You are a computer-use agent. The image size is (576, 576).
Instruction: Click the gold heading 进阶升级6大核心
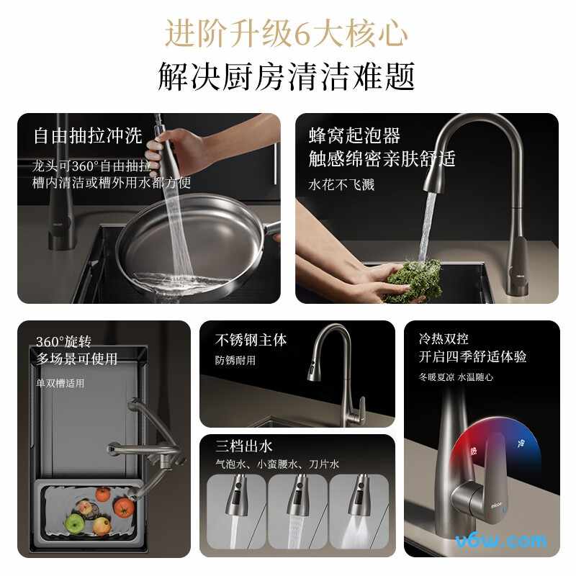point(286,34)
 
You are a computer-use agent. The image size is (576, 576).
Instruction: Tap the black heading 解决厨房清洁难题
point(286,76)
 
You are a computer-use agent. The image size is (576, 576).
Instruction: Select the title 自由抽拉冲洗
point(88,135)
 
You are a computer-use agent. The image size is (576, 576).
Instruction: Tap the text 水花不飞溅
point(341,184)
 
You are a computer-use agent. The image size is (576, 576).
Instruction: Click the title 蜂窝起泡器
point(354,135)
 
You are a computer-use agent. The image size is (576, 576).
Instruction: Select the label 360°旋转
point(63,341)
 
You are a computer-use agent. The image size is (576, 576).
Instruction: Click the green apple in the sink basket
point(75,523)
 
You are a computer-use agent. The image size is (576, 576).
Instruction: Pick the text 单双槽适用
point(60,384)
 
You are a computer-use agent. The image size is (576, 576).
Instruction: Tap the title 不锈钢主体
point(251,340)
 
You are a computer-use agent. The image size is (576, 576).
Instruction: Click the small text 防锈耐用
point(235,360)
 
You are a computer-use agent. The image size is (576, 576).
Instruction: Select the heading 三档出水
point(243,446)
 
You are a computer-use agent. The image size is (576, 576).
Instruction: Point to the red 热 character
point(474,451)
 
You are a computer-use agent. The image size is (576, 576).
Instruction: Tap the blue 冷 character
point(521,443)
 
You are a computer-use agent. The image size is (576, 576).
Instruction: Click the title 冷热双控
point(444,338)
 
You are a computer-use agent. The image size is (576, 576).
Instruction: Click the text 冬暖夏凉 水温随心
point(456,377)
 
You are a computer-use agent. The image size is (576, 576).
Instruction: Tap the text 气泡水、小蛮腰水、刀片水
point(277,464)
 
